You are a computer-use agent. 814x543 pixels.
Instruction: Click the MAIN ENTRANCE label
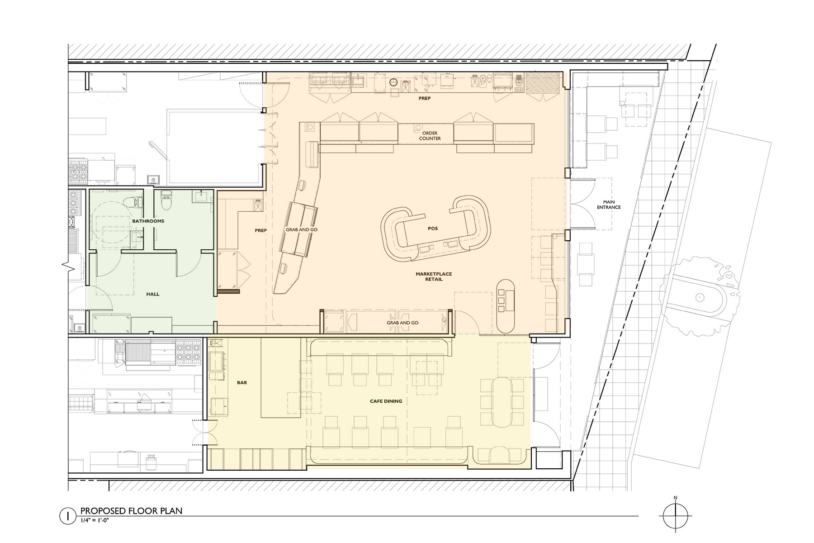pos(609,205)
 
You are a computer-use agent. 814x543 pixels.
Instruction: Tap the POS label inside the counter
pos(433,229)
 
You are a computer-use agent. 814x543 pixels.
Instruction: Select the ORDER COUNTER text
pos(430,136)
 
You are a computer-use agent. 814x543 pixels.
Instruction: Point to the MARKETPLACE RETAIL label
pos(434,276)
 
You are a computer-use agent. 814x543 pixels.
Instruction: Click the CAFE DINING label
pos(386,401)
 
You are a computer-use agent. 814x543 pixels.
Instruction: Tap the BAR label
pos(242,383)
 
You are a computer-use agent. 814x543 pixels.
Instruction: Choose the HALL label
pos(153,294)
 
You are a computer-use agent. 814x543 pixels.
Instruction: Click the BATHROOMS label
pos(148,221)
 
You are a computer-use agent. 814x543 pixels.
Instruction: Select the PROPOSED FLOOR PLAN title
pos(132,511)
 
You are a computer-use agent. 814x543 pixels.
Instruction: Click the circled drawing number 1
pos(67,516)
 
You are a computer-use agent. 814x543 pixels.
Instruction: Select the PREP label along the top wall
pos(425,98)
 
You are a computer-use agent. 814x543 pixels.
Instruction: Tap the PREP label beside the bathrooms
pos(261,230)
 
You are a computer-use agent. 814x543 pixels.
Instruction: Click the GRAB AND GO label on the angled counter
pos(302,230)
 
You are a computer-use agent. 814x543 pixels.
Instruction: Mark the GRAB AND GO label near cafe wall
pos(402,323)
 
